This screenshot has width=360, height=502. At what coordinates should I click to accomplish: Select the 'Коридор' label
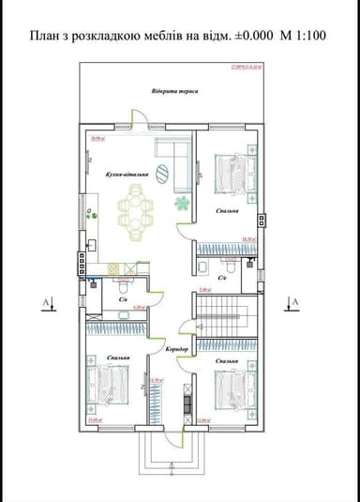point(177,349)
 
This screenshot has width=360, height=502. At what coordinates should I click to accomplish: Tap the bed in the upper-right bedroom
point(233,174)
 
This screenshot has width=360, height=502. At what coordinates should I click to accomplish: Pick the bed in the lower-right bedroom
point(234,388)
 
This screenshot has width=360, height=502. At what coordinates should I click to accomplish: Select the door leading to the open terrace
point(138,122)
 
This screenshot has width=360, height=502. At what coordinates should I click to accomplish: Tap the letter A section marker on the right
point(294,302)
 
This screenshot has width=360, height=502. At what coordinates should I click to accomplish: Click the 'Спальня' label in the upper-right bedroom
point(226,212)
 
